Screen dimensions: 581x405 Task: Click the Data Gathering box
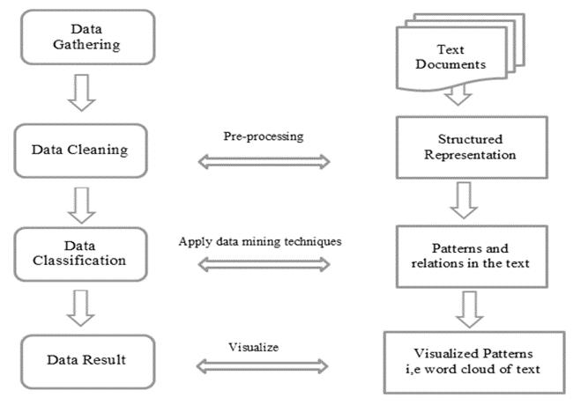pos(88,37)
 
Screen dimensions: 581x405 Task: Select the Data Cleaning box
pos(81,151)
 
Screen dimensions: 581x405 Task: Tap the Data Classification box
pos(81,254)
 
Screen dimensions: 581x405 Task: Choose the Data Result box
pos(88,361)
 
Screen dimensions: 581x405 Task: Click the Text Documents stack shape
pos(460,52)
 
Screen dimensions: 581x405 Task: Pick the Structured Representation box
pos(472,147)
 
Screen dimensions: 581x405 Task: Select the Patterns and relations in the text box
pos(472,256)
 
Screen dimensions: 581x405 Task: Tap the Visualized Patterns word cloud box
pos(474,362)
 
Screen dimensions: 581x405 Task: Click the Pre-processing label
pos(264,136)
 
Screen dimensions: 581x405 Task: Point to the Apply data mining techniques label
pos(260,241)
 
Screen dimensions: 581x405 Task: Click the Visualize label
pos(253,347)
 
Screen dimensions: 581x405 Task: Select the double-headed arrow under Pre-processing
pos(264,162)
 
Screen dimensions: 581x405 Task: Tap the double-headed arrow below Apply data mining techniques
pos(264,264)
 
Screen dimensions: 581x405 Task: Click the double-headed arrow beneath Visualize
pos(262,366)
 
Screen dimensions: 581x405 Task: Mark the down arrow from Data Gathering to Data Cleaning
pos(82,92)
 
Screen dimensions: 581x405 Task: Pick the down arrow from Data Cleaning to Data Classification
pos(82,205)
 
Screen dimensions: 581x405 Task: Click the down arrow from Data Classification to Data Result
pos(81,308)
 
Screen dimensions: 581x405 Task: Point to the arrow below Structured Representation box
pos(464,200)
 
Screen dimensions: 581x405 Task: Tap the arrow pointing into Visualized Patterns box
pos(469,310)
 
